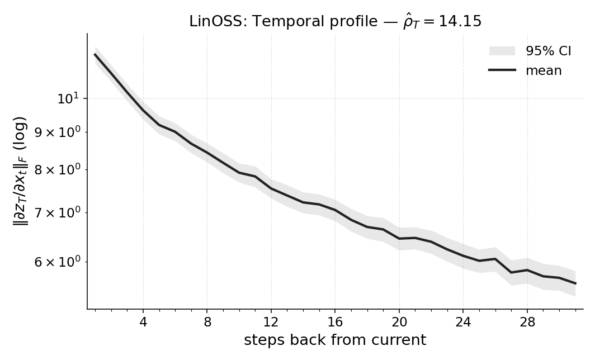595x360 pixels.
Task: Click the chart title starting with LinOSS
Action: [x=335, y=21]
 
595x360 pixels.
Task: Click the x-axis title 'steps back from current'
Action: [x=335, y=340]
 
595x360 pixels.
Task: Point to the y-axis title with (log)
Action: [x=21, y=171]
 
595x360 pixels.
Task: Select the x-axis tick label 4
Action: [x=143, y=323]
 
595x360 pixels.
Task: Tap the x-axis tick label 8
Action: [x=207, y=323]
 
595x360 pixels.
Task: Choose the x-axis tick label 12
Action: [x=271, y=323]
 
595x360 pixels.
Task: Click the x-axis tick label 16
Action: [x=335, y=323]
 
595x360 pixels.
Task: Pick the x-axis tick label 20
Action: [x=399, y=323]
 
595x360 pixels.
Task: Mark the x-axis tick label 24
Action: [x=463, y=323]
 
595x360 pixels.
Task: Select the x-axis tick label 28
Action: [x=527, y=323]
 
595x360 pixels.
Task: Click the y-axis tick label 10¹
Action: [x=68, y=99]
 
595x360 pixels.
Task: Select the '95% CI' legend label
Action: [x=548, y=51]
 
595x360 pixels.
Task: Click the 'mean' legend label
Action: [x=544, y=70]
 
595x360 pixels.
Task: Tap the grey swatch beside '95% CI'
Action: [x=502, y=51]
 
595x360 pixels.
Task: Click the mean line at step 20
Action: [x=399, y=239]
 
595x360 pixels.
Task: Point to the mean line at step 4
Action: [x=143, y=111]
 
